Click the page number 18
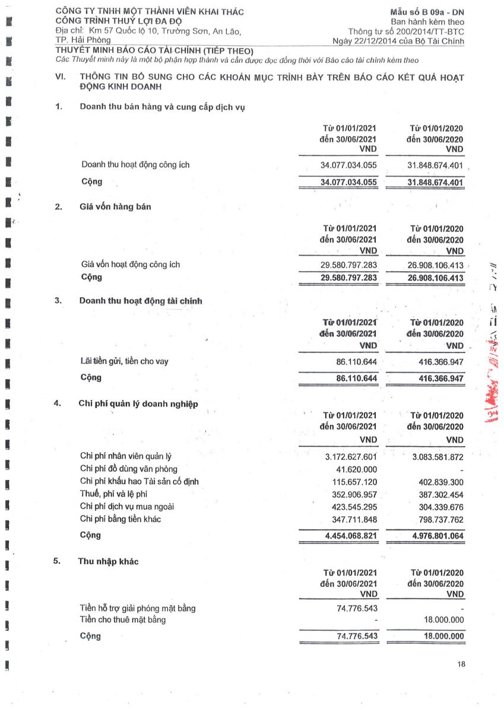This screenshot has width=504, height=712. click(461, 664)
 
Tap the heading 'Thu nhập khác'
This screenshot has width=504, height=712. click(108, 561)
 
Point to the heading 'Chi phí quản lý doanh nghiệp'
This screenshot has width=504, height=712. click(138, 404)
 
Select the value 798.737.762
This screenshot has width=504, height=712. click(438, 520)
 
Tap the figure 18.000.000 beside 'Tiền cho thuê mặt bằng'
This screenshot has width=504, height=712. click(439, 620)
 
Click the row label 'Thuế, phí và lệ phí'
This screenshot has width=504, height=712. click(113, 494)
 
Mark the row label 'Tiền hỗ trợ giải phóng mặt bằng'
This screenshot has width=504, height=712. click(137, 608)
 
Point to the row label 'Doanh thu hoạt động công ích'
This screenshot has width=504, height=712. click(135, 165)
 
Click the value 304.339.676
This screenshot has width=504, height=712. click(438, 507)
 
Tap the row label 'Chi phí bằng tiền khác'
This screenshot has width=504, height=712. click(121, 519)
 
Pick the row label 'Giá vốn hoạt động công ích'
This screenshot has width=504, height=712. click(131, 265)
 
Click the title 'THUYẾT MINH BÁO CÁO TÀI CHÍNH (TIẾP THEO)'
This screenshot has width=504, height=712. click(154, 50)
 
